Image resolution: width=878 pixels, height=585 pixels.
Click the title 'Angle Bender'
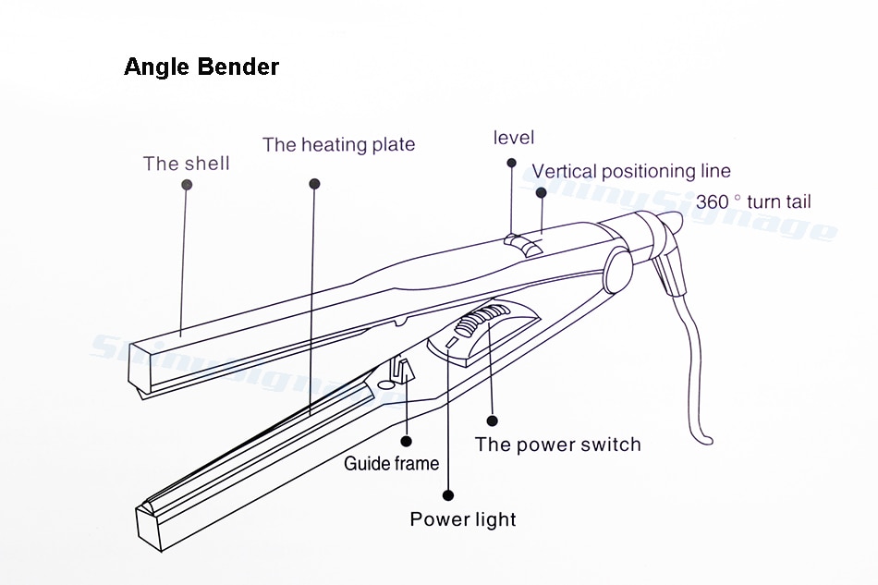201,67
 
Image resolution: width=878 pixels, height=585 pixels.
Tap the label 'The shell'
187,164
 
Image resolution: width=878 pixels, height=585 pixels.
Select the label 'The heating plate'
339,144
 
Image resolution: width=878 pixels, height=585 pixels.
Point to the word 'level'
514,138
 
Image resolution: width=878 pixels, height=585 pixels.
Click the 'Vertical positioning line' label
631,171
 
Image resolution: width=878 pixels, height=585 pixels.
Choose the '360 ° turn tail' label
753,201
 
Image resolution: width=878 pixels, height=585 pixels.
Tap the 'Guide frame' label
392,464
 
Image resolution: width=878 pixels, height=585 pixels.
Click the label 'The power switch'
557,445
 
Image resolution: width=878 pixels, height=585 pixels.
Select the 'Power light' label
462,519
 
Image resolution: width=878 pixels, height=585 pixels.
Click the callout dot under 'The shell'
187,184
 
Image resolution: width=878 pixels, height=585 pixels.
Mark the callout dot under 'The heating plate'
314,184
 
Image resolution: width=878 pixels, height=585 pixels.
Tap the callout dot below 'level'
511,163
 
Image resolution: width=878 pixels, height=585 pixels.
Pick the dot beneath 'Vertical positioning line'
541,192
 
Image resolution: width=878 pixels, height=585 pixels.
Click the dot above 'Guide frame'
407,441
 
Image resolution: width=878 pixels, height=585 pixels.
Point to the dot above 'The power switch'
493,420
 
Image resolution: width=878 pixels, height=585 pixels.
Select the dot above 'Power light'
448,494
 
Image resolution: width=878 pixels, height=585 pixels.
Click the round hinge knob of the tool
616,271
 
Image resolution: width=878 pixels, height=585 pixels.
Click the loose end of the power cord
707,441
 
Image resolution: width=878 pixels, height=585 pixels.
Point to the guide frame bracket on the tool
402,370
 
